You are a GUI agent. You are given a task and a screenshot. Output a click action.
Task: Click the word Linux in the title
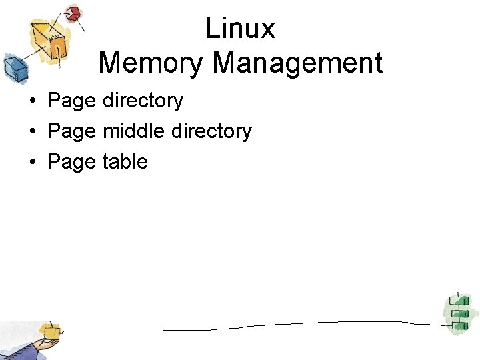coord(240,29)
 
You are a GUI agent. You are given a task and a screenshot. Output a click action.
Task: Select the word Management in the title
coord(297,63)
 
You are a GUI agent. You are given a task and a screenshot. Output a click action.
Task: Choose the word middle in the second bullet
coord(134,131)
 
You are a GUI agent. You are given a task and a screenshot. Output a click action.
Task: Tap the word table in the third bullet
coord(125,162)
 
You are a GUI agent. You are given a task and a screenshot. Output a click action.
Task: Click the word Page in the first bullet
coord(72,101)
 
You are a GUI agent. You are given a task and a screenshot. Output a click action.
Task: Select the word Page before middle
coord(72,131)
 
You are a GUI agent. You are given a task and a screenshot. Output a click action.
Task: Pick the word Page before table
coord(72,162)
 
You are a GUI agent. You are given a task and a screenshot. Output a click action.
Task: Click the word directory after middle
coord(211,131)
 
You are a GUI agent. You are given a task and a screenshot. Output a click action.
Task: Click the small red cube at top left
coord(74,13)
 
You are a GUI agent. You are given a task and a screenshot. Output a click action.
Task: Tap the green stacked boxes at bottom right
coord(457,311)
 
